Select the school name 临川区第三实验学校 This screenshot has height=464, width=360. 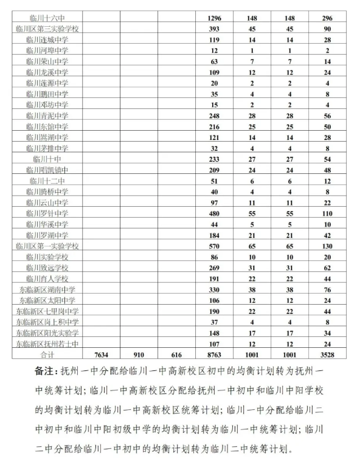pyautogui.click(x=47, y=29)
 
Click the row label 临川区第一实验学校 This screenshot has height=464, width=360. pyautogui.click(x=47, y=246)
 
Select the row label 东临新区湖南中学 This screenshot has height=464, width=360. pyautogui.click(x=47, y=289)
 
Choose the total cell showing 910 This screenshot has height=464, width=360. pyautogui.click(x=139, y=355)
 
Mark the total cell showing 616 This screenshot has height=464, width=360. pyautogui.click(x=177, y=355)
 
